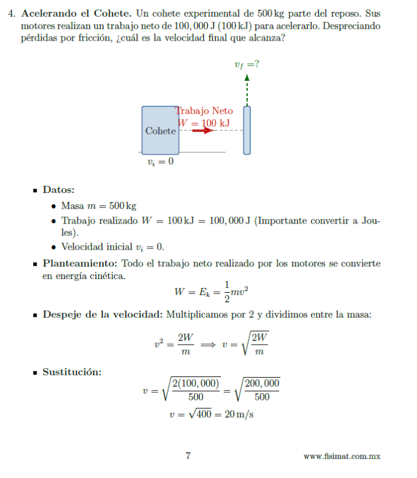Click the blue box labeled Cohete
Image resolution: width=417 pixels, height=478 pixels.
[x=160, y=130]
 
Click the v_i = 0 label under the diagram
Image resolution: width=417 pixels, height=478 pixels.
[x=160, y=161]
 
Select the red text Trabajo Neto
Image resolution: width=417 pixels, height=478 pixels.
[x=205, y=111]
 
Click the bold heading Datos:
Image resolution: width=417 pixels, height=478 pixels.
[x=59, y=190]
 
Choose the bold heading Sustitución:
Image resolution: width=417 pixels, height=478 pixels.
[x=72, y=372]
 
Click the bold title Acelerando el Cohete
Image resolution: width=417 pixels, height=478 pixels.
[x=76, y=13]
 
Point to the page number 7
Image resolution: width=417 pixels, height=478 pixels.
[x=188, y=456]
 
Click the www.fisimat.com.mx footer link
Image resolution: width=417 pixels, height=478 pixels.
[x=342, y=456]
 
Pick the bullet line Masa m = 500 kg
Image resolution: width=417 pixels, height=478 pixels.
[x=99, y=206]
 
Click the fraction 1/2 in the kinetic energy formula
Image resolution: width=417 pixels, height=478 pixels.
[x=226, y=292]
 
